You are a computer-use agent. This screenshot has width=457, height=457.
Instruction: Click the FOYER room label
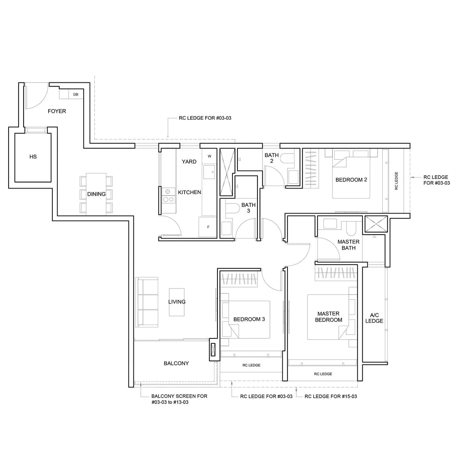click(57, 111)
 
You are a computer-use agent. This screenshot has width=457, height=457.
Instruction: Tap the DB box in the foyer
click(76, 95)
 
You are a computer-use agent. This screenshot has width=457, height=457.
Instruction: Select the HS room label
click(33, 156)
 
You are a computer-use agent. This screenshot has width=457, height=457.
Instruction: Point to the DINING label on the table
click(96, 194)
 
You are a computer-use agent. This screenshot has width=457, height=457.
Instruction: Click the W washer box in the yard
click(210, 156)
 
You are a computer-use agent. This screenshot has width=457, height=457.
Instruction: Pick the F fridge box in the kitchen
click(209, 227)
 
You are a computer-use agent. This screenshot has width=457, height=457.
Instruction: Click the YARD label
click(189, 161)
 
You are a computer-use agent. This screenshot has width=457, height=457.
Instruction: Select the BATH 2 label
click(272, 158)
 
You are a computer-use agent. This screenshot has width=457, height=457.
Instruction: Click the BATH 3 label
click(248, 208)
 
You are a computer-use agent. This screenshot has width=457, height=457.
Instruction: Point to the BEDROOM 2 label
click(351, 180)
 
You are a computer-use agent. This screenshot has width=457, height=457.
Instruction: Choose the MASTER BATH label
click(348, 245)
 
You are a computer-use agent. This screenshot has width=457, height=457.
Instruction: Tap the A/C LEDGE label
click(374, 318)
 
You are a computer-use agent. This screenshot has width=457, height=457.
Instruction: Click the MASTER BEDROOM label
click(328, 317)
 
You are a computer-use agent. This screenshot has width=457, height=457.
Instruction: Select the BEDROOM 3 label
click(249, 319)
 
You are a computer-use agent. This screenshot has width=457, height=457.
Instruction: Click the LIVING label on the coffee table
click(177, 302)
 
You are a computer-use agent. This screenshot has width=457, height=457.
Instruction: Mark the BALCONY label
click(176, 363)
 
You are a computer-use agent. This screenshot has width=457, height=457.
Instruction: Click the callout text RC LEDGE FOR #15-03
click(331, 396)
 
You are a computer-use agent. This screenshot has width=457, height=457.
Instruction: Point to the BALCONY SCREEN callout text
click(179, 399)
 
